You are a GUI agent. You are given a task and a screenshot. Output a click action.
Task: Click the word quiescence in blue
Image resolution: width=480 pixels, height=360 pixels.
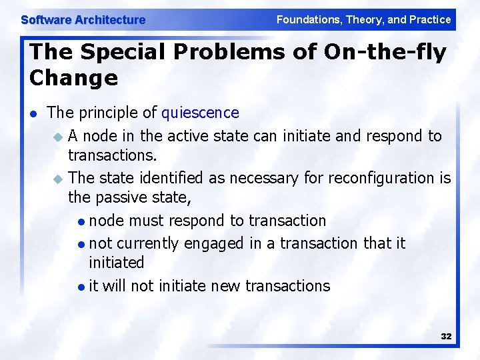click(200, 113)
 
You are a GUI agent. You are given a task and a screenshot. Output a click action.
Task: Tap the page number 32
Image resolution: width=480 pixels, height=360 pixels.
click(446, 337)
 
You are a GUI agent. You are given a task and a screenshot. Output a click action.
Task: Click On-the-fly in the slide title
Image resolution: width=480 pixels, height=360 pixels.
click(385, 51)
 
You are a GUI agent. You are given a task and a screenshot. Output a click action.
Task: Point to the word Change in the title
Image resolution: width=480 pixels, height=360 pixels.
click(73, 78)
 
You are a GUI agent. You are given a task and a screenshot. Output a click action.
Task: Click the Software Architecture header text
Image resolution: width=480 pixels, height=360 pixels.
click(83, 20)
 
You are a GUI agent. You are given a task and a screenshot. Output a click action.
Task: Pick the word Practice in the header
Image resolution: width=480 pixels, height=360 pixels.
click(430, 19)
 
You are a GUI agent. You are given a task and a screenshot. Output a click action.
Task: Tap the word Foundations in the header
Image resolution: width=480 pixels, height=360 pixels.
click(307, 19)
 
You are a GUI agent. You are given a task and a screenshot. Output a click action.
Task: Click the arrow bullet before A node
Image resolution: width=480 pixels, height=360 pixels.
click(58, 137)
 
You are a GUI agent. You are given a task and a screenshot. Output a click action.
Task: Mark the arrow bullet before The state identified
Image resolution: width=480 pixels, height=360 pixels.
click(58, 179)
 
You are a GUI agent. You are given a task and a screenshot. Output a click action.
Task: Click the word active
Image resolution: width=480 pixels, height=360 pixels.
click(185, 136)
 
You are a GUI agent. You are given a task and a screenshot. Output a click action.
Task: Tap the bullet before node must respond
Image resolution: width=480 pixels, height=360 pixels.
click(81, 221)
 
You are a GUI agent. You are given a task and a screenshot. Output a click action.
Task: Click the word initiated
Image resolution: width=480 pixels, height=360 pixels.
click(117, 263)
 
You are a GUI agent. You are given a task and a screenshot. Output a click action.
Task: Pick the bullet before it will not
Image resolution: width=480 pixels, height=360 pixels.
click(81, 287)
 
